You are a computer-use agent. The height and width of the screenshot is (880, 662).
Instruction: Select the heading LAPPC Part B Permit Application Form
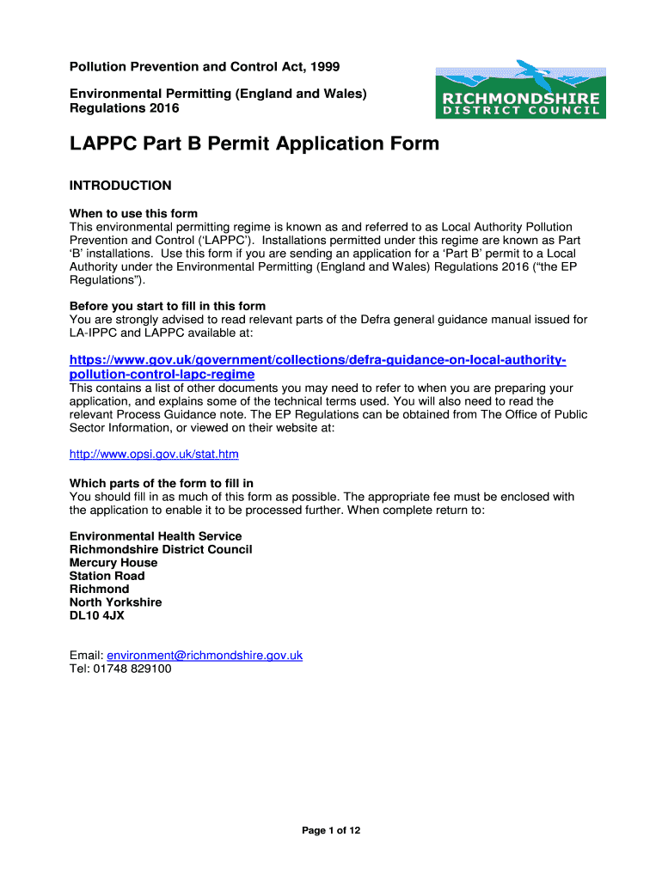coord(254,144)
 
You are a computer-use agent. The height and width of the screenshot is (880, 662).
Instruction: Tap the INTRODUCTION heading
coord(120,186)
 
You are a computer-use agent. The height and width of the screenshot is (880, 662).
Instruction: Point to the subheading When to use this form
coord(133,213)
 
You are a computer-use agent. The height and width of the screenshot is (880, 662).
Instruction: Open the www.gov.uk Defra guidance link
coord(317,359)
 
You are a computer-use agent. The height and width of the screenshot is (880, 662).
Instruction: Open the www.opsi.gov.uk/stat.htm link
coord(154,454)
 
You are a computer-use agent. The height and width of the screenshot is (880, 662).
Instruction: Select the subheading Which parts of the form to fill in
coord(162,484)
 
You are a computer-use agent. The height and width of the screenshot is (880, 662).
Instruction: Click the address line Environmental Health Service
coord(156,536)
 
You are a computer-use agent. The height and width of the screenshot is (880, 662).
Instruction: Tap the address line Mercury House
coord(113,563)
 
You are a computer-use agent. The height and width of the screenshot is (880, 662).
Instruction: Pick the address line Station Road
coord(107,576)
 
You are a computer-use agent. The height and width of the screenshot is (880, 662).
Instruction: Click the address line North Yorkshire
coord(115,602)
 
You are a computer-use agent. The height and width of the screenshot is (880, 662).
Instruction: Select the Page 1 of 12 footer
coord(331,830)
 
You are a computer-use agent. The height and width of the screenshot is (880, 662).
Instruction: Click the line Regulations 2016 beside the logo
coord(125,108)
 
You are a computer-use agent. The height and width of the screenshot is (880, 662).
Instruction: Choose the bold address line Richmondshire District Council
coord(161,549)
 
